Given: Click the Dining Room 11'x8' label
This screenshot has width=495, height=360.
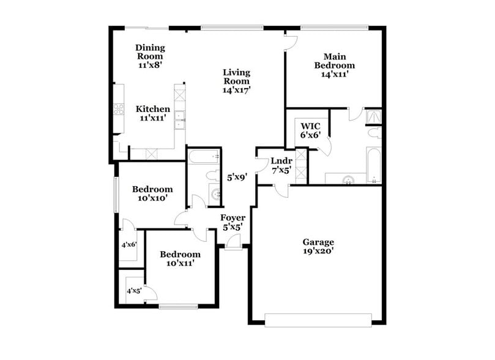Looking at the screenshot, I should click(x=150, y=55).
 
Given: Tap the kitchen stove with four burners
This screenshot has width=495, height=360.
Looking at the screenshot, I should click(x=117, y=111).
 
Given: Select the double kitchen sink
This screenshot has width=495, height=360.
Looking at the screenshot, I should click(x=180, y=119).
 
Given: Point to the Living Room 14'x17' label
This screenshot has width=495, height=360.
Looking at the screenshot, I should click(x=236, y=81).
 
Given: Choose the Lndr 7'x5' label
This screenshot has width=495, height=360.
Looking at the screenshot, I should click(x=281, y=166).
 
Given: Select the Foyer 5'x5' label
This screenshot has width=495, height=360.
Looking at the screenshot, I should click(x=233, y=222).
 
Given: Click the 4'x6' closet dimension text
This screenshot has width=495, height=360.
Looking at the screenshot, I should click(x=129, y=244).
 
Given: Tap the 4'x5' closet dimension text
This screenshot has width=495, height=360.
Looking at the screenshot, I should click(x=133, y=291).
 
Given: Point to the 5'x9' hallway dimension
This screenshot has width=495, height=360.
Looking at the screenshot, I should click(x=237, y=178).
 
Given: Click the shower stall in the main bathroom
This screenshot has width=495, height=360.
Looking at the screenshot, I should click(x=373, y=116).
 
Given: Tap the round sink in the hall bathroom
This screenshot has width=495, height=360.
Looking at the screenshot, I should click(x=215, y=195).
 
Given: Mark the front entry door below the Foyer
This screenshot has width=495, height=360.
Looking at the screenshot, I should click(x=233, y=244).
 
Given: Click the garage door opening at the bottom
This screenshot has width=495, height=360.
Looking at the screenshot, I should click(x=318, y=319).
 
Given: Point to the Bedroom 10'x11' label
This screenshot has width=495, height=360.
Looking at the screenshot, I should click(x=180, y=259).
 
